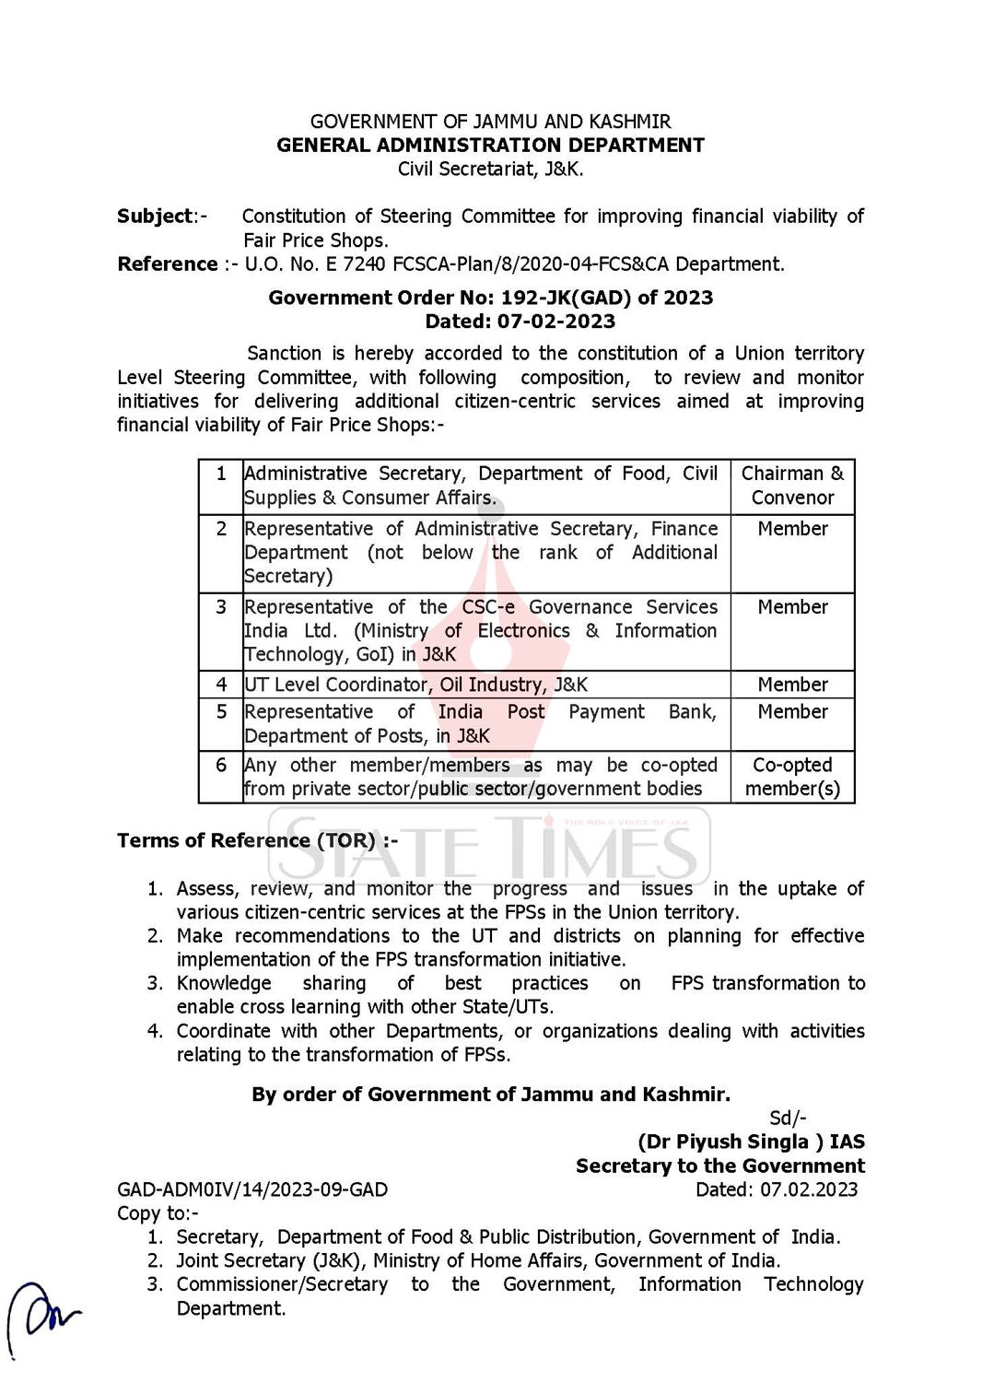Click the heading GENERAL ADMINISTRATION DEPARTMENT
[x=490, y=146]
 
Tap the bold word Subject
[x=155, y=217]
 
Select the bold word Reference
[x=168, y=264]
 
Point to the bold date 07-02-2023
[x=555, y=322]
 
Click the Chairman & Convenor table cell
[x=792, y=486]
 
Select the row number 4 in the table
[x=221, y=685]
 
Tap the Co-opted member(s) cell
[x=792, y=777]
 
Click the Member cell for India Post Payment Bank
[x=792, y=712]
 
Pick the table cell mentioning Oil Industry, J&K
[x=485, y=685]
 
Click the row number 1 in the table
[x=221, y=474]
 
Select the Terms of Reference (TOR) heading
[x=257, y=840]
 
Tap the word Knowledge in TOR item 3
[x=224, y=983]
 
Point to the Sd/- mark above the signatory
[x=788, y=1118]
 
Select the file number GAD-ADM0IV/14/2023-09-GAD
[x=252, y=1189]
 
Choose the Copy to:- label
[x=158, y=1213]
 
